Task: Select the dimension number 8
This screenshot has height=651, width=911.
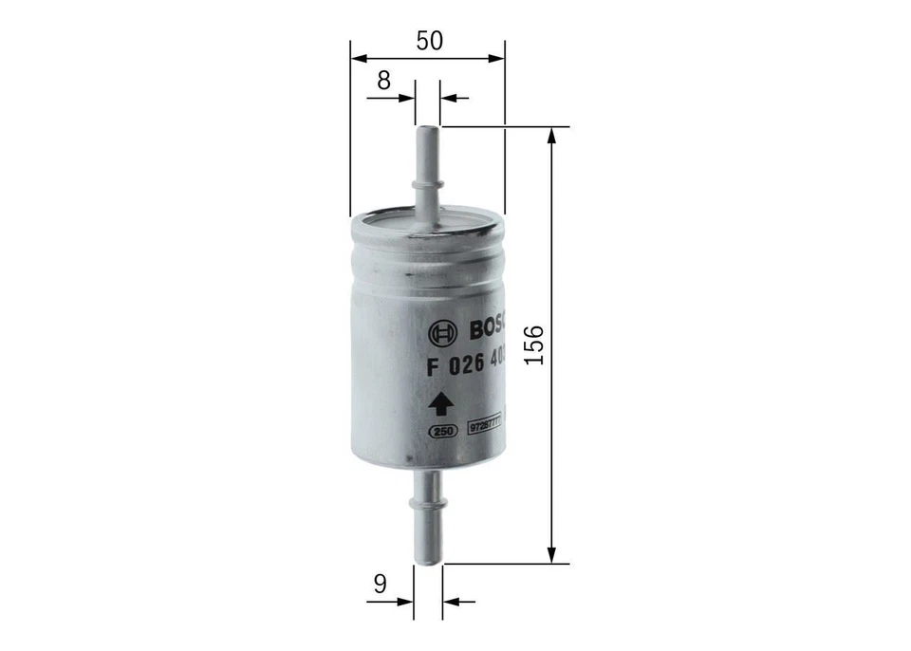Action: pos(382,81)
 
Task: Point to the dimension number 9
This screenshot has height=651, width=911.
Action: pos(380,585)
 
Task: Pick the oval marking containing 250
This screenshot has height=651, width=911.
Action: pos(440,431)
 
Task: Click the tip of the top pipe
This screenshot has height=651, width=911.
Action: pos(428,129)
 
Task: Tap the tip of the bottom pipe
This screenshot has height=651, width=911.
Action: pos(428,562)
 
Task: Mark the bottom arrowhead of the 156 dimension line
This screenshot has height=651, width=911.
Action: pos(551,555)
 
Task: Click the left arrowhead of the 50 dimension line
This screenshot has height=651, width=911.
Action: pos(357,58)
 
